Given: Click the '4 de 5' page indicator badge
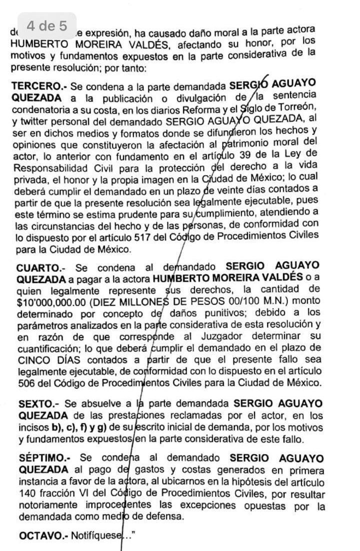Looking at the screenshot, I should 47,25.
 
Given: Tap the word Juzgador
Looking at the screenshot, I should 230,335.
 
